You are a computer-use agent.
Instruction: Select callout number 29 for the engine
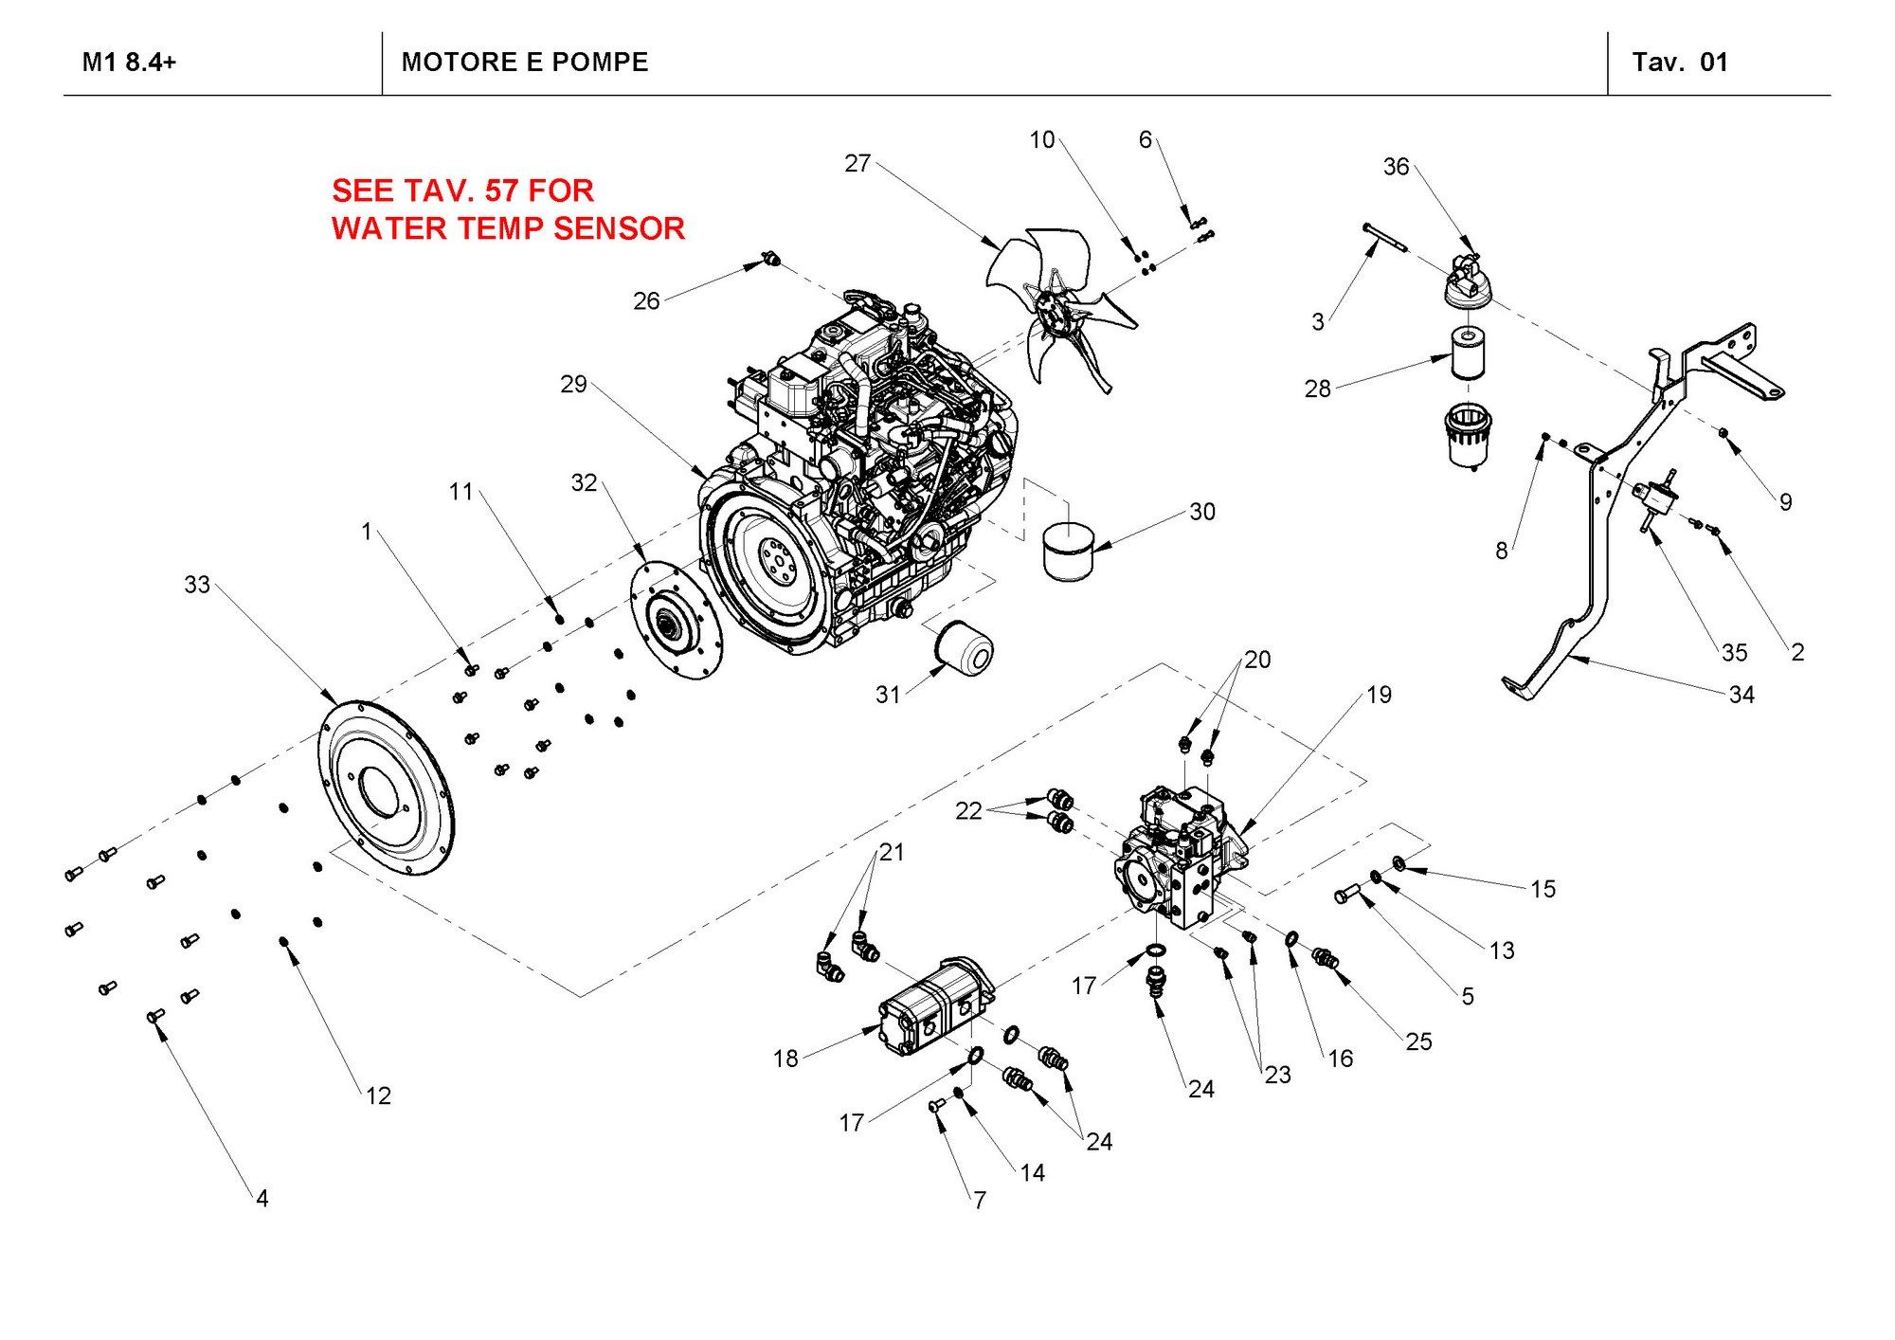(573, 384)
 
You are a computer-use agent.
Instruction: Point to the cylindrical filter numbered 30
(1068, 550)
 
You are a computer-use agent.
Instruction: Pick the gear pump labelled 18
(933, 1009)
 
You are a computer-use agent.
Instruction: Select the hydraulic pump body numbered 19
(1175, 853)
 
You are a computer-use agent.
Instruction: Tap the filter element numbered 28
(1468, 352)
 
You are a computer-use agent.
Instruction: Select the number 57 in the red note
(501, 190)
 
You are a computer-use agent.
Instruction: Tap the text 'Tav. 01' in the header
(1680, 63)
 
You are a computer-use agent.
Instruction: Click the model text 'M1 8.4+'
(129, 63)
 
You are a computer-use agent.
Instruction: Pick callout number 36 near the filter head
(1396, 167)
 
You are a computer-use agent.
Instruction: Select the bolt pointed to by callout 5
(1346, 893)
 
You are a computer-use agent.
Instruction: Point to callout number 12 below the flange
(378, 1096)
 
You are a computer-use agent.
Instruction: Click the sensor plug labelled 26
(771, 259)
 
